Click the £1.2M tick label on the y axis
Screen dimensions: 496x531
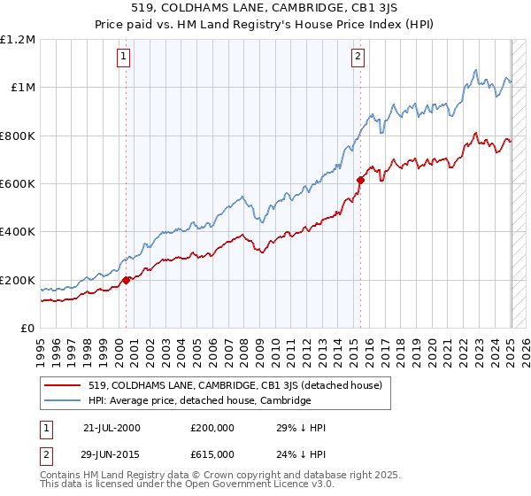(x=18, y=40)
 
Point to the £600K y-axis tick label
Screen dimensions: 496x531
(x=18, y=184)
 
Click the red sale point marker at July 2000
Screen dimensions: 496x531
(x=127, y=280)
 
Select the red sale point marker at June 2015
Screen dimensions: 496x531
(x=360, y=180)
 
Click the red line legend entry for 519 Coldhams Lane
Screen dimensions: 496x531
(x=235, y=385)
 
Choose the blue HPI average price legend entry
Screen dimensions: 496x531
(x=200, y=400)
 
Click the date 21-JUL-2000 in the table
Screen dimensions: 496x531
(x=112, y=428)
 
